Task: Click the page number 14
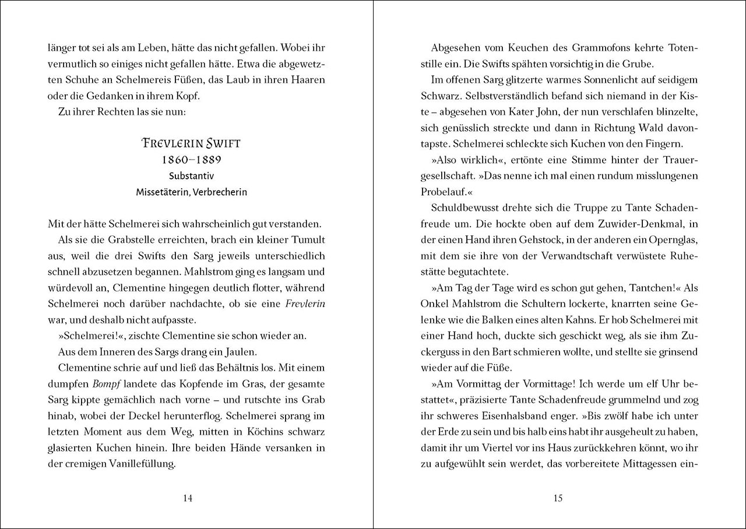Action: point(188,498)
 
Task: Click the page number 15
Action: point(558,498)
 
